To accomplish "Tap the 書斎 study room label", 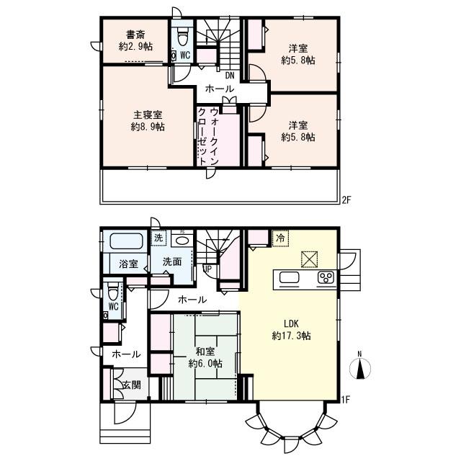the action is pyautogui.click(x=135, y=35).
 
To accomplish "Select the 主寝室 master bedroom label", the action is pyautogui.click(x=148, y=115).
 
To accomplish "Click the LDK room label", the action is pyautogui.click(x=291, y=323).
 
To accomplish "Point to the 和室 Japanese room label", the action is pyautogui.click(x=205, y=352).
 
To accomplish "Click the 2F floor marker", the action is pyautogui.click(x=346, y=200).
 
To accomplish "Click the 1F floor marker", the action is pyautogui.click(x=346, y=400).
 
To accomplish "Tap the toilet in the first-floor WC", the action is pyautogui.click(x=113, y=291).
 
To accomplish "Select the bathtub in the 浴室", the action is pyautogui.click(x=127, y=241).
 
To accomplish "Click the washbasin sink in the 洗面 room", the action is pyautogui.click(x=182, y=241).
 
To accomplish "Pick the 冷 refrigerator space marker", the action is pyautogui.click(x=280, y=238).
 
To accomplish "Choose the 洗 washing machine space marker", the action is pyautogui.click(x=158, y=238).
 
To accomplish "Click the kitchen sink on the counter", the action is pyautogui.click(x=289, y=277).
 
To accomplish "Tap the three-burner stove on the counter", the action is pyautogui.click(x=326, y=278).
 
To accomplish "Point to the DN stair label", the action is pyautogui.click(x=230, y=76).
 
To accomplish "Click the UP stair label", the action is pyautogui.click(x=207, y=269).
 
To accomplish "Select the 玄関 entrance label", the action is pyautogui.click(x=132, y=385).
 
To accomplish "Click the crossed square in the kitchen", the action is pyautogui.click(x=309, y=259).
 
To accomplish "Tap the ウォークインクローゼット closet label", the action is pyautogui.click(x=208, y=137).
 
